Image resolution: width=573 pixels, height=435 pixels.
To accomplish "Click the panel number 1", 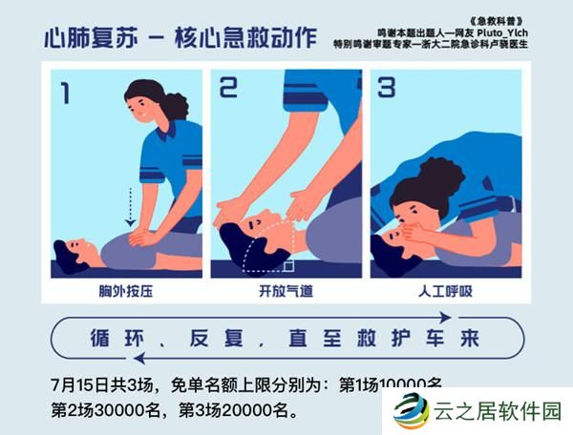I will (65, 93).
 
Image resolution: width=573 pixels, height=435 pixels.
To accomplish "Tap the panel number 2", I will (228, 89).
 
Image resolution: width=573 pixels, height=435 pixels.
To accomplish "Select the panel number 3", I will (386, 89).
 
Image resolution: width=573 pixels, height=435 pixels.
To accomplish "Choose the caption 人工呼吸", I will (446, 289).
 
